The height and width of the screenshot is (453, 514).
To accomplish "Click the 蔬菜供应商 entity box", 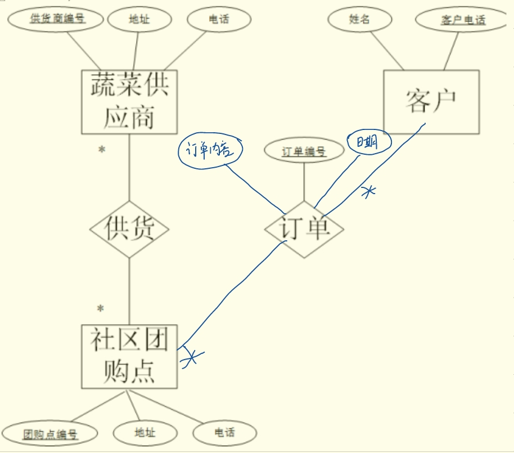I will tap(129, 102).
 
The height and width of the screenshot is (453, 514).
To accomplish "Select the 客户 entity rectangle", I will tap(431, 102).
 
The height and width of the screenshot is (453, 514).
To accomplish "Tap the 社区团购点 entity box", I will tap(129, 357).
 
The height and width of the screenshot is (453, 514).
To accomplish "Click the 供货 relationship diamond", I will tap(129, 229).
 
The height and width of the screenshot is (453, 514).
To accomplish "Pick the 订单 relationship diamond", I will tap(304, 229).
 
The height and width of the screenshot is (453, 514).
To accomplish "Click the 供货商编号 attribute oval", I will tap(55, 19).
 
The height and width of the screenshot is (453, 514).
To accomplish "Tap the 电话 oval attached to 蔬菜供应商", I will tap(219, 19).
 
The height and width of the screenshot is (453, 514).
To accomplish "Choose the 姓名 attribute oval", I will tap(359, 19).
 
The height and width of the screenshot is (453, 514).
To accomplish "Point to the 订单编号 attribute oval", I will tap(304, 151).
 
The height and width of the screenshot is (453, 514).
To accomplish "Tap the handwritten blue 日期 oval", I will tap(368, 143).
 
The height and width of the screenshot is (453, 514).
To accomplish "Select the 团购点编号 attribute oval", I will tap(50, 434).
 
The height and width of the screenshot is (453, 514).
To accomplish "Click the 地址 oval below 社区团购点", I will tap(145, 433).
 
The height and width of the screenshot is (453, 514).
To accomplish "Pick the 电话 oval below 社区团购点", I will tap(224, 433).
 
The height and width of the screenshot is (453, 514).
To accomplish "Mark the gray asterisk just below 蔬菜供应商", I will tap(102, 150).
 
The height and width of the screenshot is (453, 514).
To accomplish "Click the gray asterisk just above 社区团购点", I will tap(101, 308).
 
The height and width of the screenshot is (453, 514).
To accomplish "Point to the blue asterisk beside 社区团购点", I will tap(192, 357).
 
